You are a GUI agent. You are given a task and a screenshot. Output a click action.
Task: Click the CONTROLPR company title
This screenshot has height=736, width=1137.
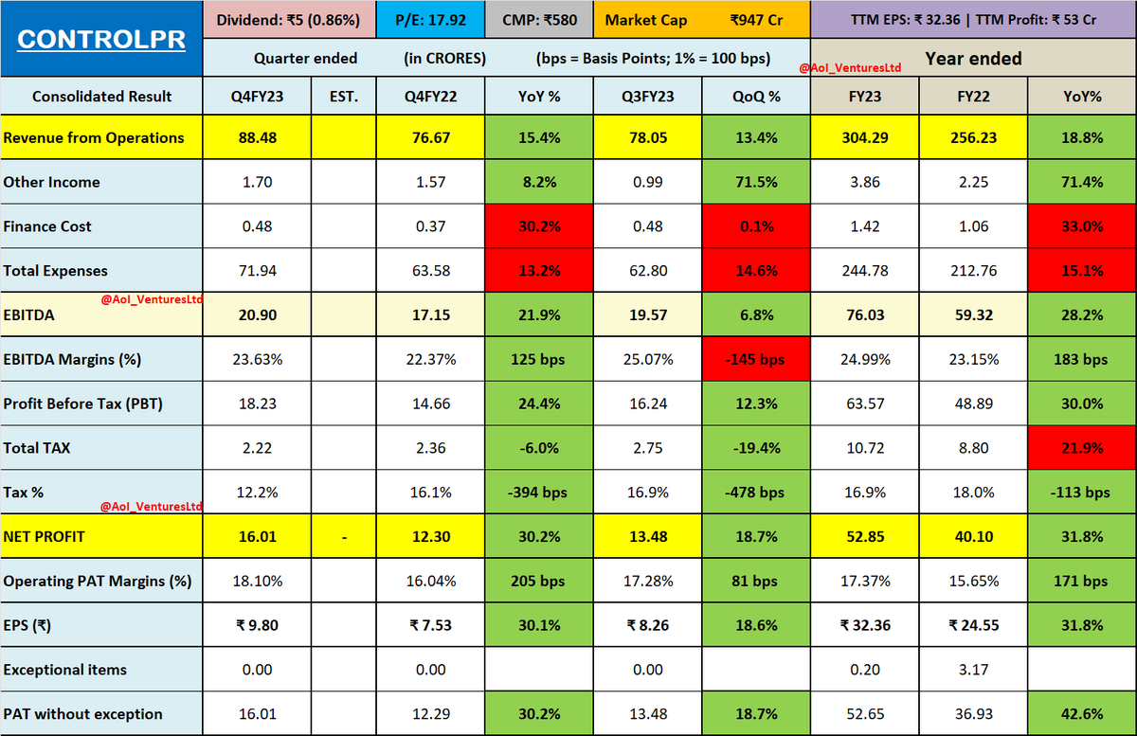[100, 40]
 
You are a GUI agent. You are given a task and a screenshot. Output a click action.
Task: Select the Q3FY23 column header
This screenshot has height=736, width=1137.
[647, 96]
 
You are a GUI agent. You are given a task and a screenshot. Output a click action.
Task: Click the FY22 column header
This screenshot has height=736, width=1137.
[974, 96]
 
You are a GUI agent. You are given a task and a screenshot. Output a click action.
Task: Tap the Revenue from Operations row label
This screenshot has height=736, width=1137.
[94, 138]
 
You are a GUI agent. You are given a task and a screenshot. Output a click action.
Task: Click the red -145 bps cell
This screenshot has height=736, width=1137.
[756, 360]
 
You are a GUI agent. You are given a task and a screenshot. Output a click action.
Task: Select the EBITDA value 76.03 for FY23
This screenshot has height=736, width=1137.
[865, 315]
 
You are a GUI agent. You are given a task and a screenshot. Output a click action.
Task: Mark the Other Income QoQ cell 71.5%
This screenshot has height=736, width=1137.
[756, 182]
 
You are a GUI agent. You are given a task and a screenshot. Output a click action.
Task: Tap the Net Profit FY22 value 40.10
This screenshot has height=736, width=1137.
[974, 537]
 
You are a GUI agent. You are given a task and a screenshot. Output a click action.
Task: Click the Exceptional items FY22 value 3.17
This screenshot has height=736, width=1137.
[974, 670]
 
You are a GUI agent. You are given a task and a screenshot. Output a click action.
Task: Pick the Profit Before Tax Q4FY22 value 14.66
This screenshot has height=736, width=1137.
[430, 404]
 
